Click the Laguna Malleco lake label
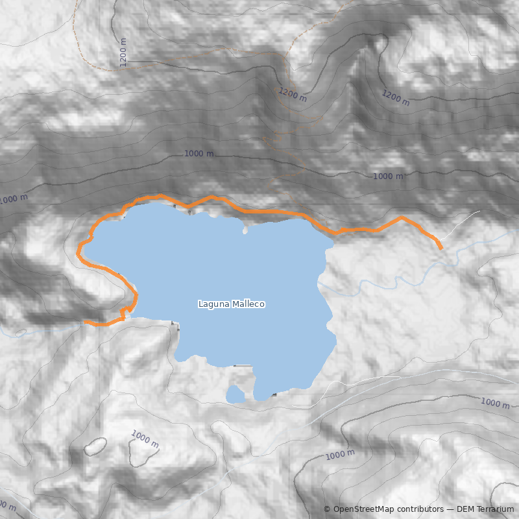pyautogui.click(x=232, y=304)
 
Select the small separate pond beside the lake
pyautogui.click(x=235, y=394)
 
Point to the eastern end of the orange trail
pyautogui.click(x=441, y=248)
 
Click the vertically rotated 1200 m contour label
pyautogui.click(x=123, y=53)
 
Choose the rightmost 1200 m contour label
pyautogui.click(x=395, y=98)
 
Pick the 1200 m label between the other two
pyautogui.click(x=293, y=95)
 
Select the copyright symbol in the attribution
pyautogui.click(x=327, y=509)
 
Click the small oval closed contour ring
pyautogui.click(x=95, y=446)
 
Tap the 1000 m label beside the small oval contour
pyautogui.click(x=145, y=438)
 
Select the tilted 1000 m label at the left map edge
pyautogui.click(x=14, y=199)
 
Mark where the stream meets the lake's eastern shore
pyautogui.click(x=319, y=284)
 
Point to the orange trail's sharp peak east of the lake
pyautogui.click(x=402, y=217)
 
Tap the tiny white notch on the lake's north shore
pyautogui.click(x=245, y=230)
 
